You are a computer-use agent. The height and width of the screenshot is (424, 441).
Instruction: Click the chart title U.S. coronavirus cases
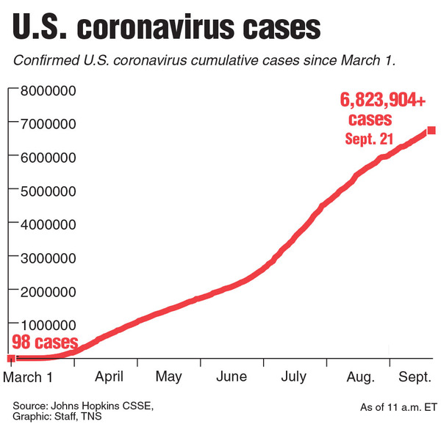pos(167,29)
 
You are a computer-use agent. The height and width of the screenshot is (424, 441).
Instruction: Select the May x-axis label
pos(169,377)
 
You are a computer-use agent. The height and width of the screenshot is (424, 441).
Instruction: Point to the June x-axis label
pos(232,377)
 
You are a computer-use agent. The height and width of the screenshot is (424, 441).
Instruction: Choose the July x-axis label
pos(294,377)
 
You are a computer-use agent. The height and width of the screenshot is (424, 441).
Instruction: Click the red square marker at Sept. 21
pos(431,131)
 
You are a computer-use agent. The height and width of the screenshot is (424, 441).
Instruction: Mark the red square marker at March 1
pos(11,358)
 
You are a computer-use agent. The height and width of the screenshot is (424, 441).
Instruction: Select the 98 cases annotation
pos(45,343)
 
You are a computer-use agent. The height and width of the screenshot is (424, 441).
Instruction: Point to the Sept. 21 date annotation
pos(372,138)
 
